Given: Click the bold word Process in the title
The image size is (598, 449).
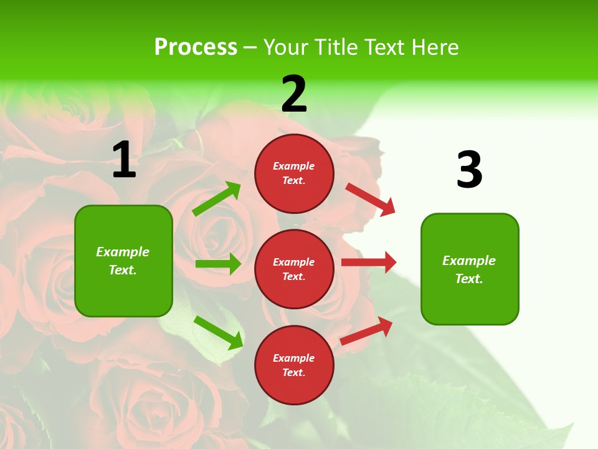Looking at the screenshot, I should click(196, 47).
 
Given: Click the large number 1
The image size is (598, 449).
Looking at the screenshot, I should click(124, 160).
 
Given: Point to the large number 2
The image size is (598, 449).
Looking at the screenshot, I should click(294, 94).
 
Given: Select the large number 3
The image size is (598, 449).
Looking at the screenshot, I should click(469, 170).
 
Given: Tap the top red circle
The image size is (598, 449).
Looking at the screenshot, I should click(294, 173).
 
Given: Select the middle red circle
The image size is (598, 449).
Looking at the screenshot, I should click(294, 269).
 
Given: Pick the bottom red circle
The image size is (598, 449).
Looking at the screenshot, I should click(294, 365).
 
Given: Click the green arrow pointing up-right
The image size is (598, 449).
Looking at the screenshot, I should click(217, 199).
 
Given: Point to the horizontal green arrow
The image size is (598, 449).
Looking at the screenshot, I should click(218, 264).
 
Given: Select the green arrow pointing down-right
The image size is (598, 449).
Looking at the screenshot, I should click(218, 332).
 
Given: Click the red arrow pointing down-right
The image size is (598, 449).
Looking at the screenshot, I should click(371, 200).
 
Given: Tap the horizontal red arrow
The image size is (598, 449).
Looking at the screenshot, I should click(368, 262).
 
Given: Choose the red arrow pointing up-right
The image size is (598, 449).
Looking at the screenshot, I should click(366, 331).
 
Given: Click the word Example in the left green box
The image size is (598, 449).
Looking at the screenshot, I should click(123, 252).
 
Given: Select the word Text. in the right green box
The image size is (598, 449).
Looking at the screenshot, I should click(469, 279).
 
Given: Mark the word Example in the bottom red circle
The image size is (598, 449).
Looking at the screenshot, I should click(294, 358).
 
